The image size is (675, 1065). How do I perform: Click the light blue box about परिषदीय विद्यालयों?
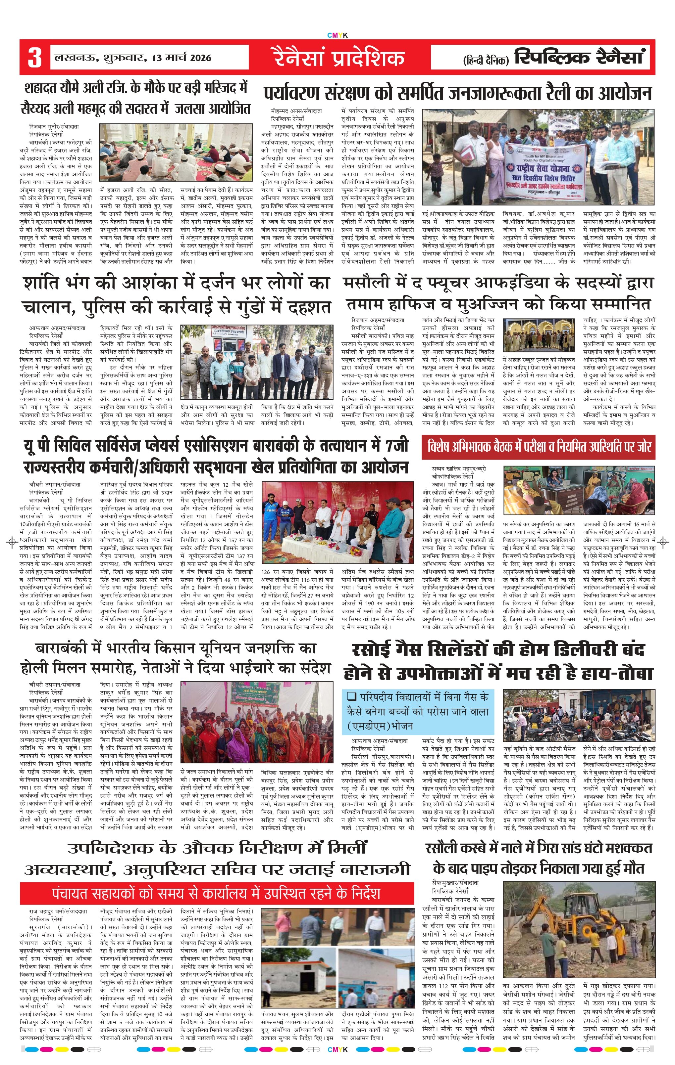[418, 711]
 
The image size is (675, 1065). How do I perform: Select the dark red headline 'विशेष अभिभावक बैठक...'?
[539, 447]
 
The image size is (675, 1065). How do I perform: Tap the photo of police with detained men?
[257, 362]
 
